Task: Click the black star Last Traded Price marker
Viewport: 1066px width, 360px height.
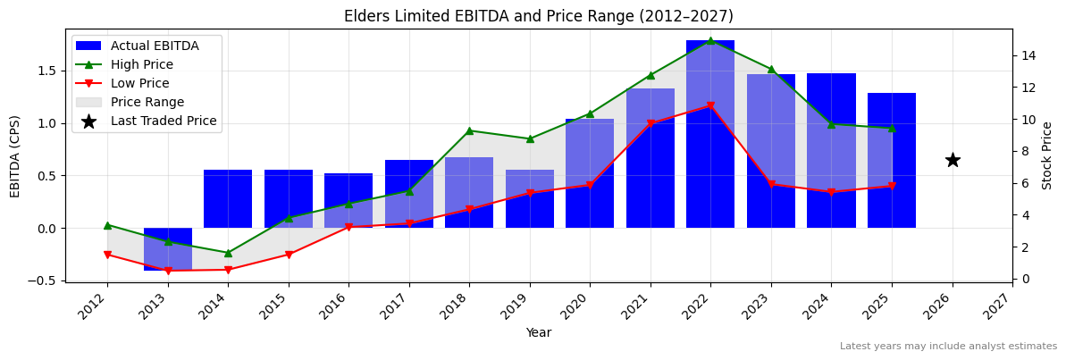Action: coord(953,160)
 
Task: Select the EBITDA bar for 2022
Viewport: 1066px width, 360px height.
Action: coord(710,134)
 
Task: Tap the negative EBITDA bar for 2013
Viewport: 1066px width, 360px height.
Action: coord(168,249)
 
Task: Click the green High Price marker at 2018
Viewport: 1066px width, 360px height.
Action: coord(469,131)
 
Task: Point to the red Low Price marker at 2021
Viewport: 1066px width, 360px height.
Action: coord(651,123)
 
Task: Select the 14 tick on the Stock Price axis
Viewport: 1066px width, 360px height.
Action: coord(1028,55)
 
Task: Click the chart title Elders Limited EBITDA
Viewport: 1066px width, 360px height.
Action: coord(538,16)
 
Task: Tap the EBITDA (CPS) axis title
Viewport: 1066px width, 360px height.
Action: coord(15,155)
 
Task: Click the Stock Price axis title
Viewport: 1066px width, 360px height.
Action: coord(1047,155)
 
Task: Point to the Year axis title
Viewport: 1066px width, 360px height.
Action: coord(538,332)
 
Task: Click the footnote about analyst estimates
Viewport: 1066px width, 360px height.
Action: coord(948,347)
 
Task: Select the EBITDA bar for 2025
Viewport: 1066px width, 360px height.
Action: coord(892,161)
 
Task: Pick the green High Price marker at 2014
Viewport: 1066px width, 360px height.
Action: coord(228,253)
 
